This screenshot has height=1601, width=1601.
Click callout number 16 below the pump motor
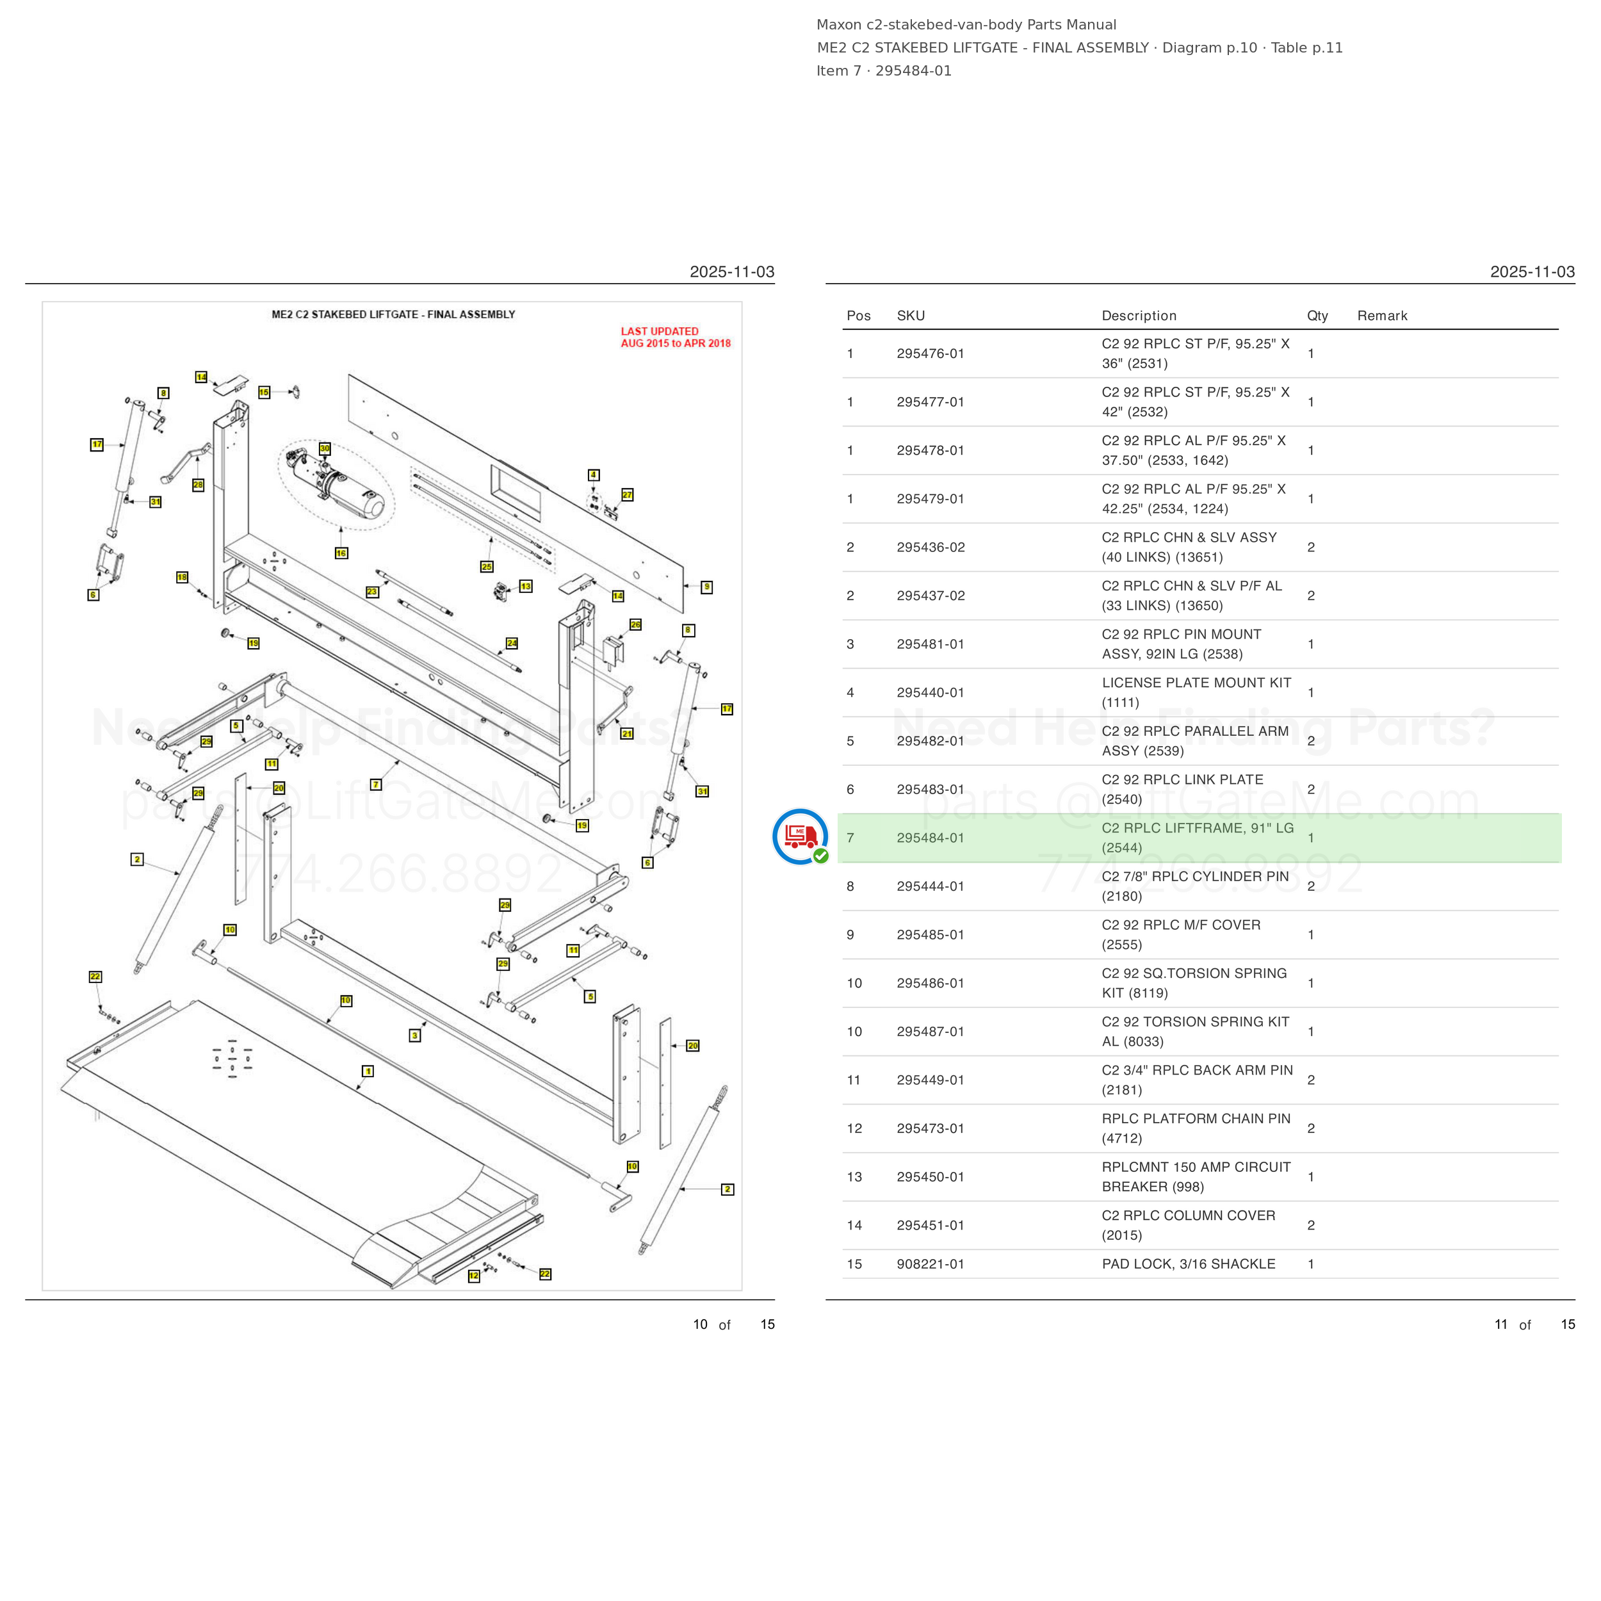(341, 553)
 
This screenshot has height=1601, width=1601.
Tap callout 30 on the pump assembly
(325, 448)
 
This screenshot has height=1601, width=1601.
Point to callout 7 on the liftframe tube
(376, 784)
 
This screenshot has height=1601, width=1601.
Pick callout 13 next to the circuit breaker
(525, 586)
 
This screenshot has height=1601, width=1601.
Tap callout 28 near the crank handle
(198, 485)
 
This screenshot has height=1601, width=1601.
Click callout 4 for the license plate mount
(594, 475)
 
